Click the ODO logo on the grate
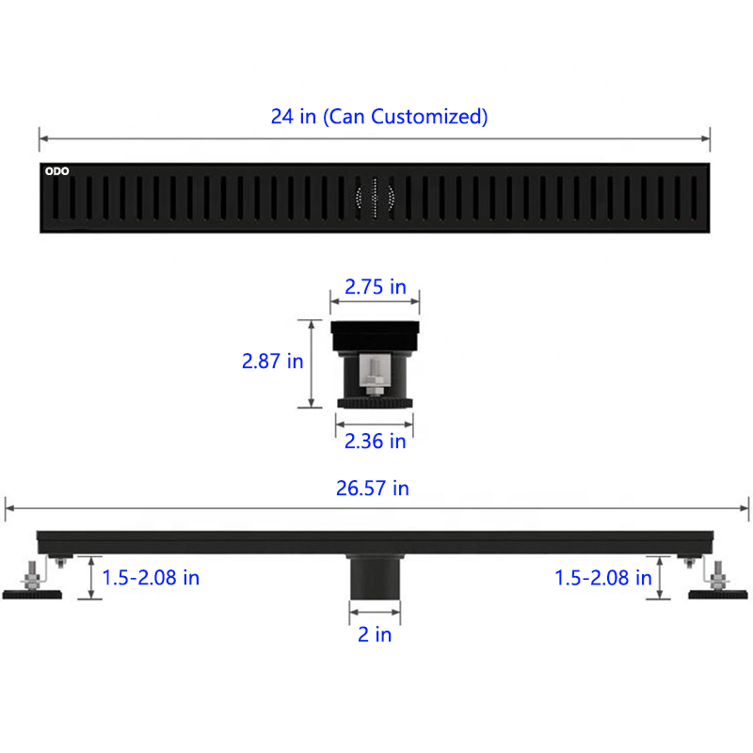click(56, 171)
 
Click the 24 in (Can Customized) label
click(379, 117)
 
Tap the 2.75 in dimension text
click(375, 287)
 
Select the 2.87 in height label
click(272, 361)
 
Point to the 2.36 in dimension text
click(375, 441)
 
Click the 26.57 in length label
click(372, 489)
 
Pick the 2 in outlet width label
click(375, 634)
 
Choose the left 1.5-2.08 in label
click(151, 578)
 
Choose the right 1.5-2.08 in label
click(602, 578)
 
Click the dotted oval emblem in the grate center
click(375, 198)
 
